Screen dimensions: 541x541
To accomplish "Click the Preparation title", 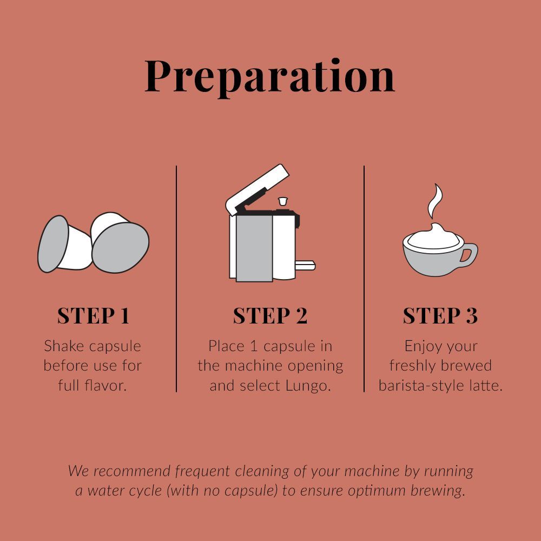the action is click(270, 77).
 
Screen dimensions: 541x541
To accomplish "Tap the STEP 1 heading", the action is click(93, 315).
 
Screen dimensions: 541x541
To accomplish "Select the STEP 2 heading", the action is click(270, 315).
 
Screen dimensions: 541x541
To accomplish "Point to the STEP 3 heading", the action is click(440, 315).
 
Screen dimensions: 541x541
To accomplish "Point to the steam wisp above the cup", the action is click(435, 202).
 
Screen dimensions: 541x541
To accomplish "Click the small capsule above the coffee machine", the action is click(282, 201).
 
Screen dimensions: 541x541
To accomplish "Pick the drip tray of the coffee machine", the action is click(305, 265).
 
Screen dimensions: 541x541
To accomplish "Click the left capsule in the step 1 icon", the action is click(64, 244).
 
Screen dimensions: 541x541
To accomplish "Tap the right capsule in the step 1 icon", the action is click(120, 242).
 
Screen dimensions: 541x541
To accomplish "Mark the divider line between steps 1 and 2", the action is click(176, 279).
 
